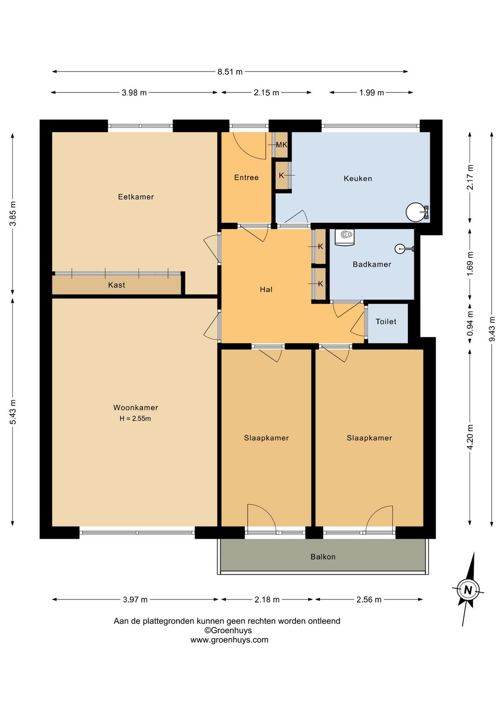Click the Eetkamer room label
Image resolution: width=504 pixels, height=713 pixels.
[x=136, y=197]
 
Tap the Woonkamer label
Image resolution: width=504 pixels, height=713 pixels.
[x=135, y=407]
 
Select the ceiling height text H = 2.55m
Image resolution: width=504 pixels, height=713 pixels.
[x=135, y=419]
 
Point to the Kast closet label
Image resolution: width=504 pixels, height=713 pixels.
[x=116, y=285]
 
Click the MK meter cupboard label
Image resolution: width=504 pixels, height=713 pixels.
[x=281, y=145]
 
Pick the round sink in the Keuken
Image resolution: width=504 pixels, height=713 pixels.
[x=414, y=212]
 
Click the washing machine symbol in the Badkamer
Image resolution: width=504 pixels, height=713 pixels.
[x=344, y=237]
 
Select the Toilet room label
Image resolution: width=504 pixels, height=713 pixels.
[x=386, y=321]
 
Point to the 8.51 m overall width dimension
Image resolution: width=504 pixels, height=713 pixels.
[x=230, y=71]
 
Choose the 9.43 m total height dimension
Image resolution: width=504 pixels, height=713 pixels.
[x=491, y=329]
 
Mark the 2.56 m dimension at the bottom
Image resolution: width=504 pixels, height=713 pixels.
[x=369, y=599]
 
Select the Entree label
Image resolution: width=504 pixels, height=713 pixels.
[x=246, y=177]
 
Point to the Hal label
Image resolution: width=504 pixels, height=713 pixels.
[x=266, y=289]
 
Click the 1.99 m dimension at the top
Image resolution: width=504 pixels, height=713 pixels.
[x=371, y=93]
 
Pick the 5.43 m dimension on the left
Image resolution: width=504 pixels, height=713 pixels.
[x=13, y=412]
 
